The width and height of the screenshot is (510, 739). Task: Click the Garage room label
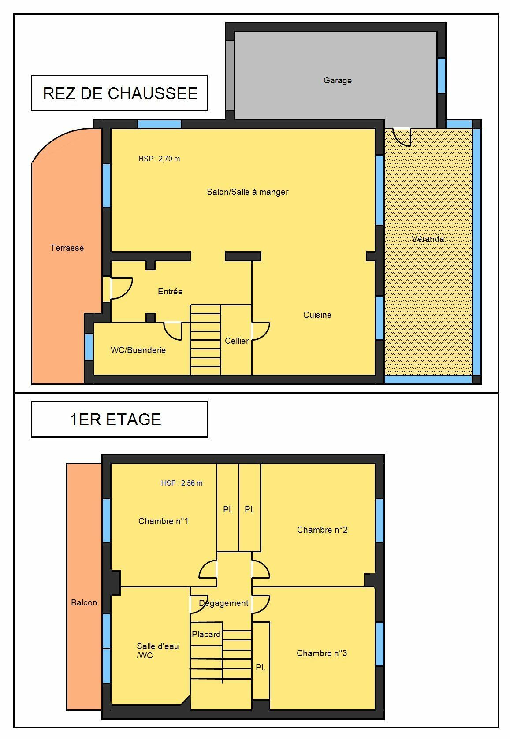(x=337, y=81)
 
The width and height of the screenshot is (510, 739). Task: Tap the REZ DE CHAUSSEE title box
(x=119, y=93)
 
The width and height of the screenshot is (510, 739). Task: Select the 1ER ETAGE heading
(x=115, y=420)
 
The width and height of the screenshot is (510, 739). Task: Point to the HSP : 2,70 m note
(x=159, y=159)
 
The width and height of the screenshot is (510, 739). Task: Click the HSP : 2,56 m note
(x=182, y=483)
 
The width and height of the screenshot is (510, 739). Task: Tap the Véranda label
(x=428, y=239)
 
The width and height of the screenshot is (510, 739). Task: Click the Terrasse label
(x=67, y=248)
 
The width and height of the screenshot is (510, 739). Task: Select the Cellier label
(x=237, y=341)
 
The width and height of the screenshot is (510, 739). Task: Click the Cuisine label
(x=317, y=315)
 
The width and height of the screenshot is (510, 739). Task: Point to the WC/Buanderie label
(x=138, y=350)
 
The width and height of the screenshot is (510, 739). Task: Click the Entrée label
(x=170, y=291)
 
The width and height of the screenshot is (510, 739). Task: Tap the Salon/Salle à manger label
(x=248, y=192)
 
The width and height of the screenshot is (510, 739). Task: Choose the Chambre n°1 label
(x=163, y=521)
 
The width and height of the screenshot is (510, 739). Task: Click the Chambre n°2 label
(x=322, y=530)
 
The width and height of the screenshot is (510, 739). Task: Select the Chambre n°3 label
(x=322, y=653)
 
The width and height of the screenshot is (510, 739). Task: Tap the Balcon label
(x=84, y=603)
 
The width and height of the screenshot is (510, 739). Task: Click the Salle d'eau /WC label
(x=157, y=650)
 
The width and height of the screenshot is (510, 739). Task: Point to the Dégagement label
(x=223, y=603)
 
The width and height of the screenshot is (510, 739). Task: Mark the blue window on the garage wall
(x=441, y=75)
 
